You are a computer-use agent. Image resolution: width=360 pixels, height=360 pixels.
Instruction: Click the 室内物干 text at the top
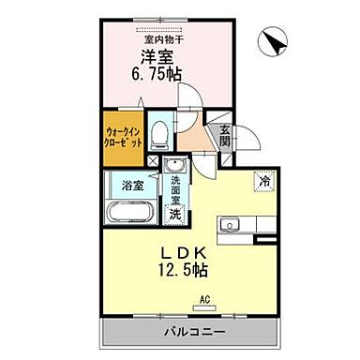point(163,40)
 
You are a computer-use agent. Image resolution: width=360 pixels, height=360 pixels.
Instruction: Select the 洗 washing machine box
point(173,213)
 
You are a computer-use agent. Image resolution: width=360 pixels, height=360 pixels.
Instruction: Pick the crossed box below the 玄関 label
point(225,158)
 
